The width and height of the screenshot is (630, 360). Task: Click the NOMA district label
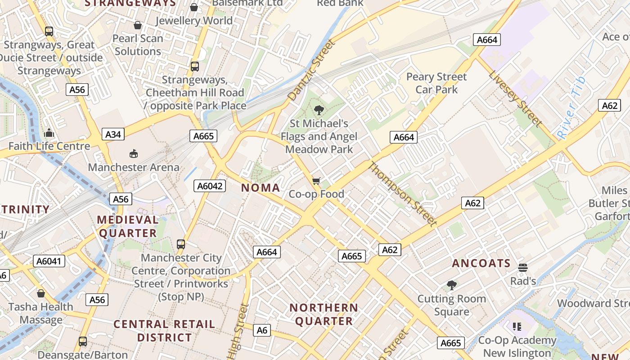click(x=261, y=188)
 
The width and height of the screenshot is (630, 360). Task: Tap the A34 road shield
click(x=113, y=134)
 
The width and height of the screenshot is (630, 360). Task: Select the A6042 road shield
click(x=210, y=185)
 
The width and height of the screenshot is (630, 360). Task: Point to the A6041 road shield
click(x=49, y=261)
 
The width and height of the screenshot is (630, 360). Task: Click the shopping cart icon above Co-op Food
click(x=316, y=181)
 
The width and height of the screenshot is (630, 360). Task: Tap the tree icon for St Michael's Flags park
click(x=319, y=110)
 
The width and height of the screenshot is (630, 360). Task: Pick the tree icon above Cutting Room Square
click(x=451, y=285)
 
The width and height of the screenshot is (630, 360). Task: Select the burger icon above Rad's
click(x=522, y=268)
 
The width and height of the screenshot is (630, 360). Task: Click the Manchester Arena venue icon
click(x=133, y=154)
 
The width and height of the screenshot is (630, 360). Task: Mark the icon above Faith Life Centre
click(x=49, y=133)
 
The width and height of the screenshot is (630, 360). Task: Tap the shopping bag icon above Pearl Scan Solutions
click(x=138, y=25)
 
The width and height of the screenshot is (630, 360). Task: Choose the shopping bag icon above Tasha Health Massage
click(x=41, y=293)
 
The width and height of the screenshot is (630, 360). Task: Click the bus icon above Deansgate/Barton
click(x=83, y=342)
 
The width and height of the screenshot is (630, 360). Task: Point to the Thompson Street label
click(x=402, y=194)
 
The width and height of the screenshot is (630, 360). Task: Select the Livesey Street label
click(x=516, y=99)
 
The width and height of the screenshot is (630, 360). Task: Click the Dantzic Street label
click(x=312, y=70)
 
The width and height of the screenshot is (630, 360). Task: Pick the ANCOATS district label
click(x=481, y=263)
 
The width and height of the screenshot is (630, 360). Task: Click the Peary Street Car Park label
click(x=436, y=83)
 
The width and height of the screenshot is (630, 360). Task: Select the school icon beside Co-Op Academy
click(x=517, y=326)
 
